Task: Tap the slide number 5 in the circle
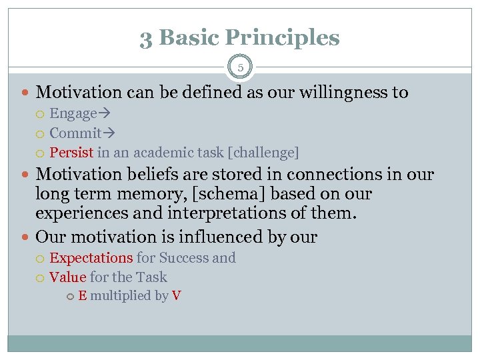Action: point(240,67)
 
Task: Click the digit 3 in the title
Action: point(146,38)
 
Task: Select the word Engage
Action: point(73,114)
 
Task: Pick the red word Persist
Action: point(71,153)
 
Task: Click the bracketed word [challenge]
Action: point(263,153)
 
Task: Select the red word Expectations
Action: point(91,258)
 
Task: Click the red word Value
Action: point(68,277)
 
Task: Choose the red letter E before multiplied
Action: point(82,296)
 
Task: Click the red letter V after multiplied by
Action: point(176,296)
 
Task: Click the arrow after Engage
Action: point(103,114)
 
